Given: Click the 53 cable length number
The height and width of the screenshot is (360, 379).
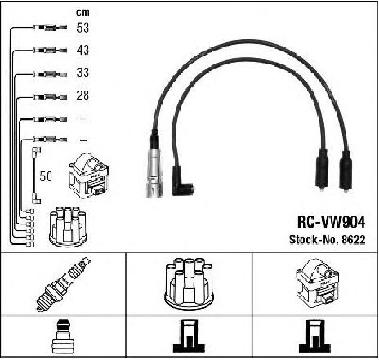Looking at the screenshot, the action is [82, 28].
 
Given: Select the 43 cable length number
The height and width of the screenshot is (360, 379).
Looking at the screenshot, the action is [82, 50].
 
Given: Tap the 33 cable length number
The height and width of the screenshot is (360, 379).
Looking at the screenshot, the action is [82, 73].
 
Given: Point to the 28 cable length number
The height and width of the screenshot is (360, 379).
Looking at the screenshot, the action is [82, 95].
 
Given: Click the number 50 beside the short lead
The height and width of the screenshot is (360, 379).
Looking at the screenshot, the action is [46, 176].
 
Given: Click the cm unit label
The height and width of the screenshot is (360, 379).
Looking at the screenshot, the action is [82, 12].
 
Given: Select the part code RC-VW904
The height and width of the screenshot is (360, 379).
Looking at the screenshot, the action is [331, 222].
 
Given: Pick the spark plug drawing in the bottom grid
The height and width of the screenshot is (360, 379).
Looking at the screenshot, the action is [63, 284].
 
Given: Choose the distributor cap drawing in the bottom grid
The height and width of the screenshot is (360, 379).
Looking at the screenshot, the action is [189, 283].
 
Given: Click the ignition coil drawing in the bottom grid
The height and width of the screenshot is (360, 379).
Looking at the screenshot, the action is [317, 283].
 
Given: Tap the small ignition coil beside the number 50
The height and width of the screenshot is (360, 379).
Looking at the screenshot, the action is [89, 176].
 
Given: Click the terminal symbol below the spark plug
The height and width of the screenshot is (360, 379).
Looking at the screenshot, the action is [62, 336].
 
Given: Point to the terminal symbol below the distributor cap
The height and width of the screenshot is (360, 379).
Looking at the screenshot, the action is [189, 336].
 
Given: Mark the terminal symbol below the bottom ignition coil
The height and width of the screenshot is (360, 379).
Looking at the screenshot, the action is [314, 336].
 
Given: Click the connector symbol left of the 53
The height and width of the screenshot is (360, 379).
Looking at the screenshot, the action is [50, 28].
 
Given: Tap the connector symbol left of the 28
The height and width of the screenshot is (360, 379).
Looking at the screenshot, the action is [50, 96].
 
